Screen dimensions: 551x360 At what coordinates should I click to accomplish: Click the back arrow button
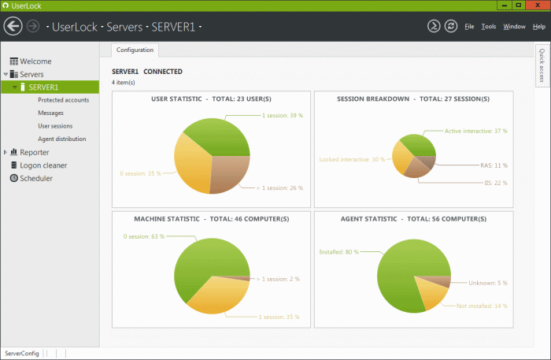(x=13, y=26)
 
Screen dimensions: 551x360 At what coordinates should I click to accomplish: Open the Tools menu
(x=489, y=26)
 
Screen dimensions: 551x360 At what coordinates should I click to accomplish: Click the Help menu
(x=538, y=26)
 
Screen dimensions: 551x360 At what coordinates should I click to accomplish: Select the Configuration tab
(x=135, y=50)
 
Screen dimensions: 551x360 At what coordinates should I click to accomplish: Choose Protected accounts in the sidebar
(x=63, y=100)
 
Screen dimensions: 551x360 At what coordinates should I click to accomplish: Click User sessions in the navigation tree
(x=55, y=126)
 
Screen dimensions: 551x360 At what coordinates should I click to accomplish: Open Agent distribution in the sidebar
(x=62, y=139)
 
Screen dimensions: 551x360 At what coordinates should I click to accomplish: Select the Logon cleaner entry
(x=43, y=165)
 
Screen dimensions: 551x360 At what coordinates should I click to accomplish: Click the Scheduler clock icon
(x=13, y=178)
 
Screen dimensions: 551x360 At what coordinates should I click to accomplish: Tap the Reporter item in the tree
(x=34, y=152)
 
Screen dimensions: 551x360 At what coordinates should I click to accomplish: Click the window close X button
(x=538, y=6)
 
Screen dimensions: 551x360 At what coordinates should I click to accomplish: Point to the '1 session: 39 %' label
(x=283, y=115)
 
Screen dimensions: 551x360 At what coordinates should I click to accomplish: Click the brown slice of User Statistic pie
(x=229, y=173)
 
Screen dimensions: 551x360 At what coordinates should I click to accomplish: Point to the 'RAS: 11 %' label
(x=494, y=165)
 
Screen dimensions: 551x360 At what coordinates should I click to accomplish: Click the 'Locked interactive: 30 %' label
(x=352, y=159)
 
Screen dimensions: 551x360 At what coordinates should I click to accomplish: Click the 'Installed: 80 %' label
(x=338, y=252)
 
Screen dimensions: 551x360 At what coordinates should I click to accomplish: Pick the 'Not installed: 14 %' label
(x=482, y=306)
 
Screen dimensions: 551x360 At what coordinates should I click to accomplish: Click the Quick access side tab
(x=542, y=65)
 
